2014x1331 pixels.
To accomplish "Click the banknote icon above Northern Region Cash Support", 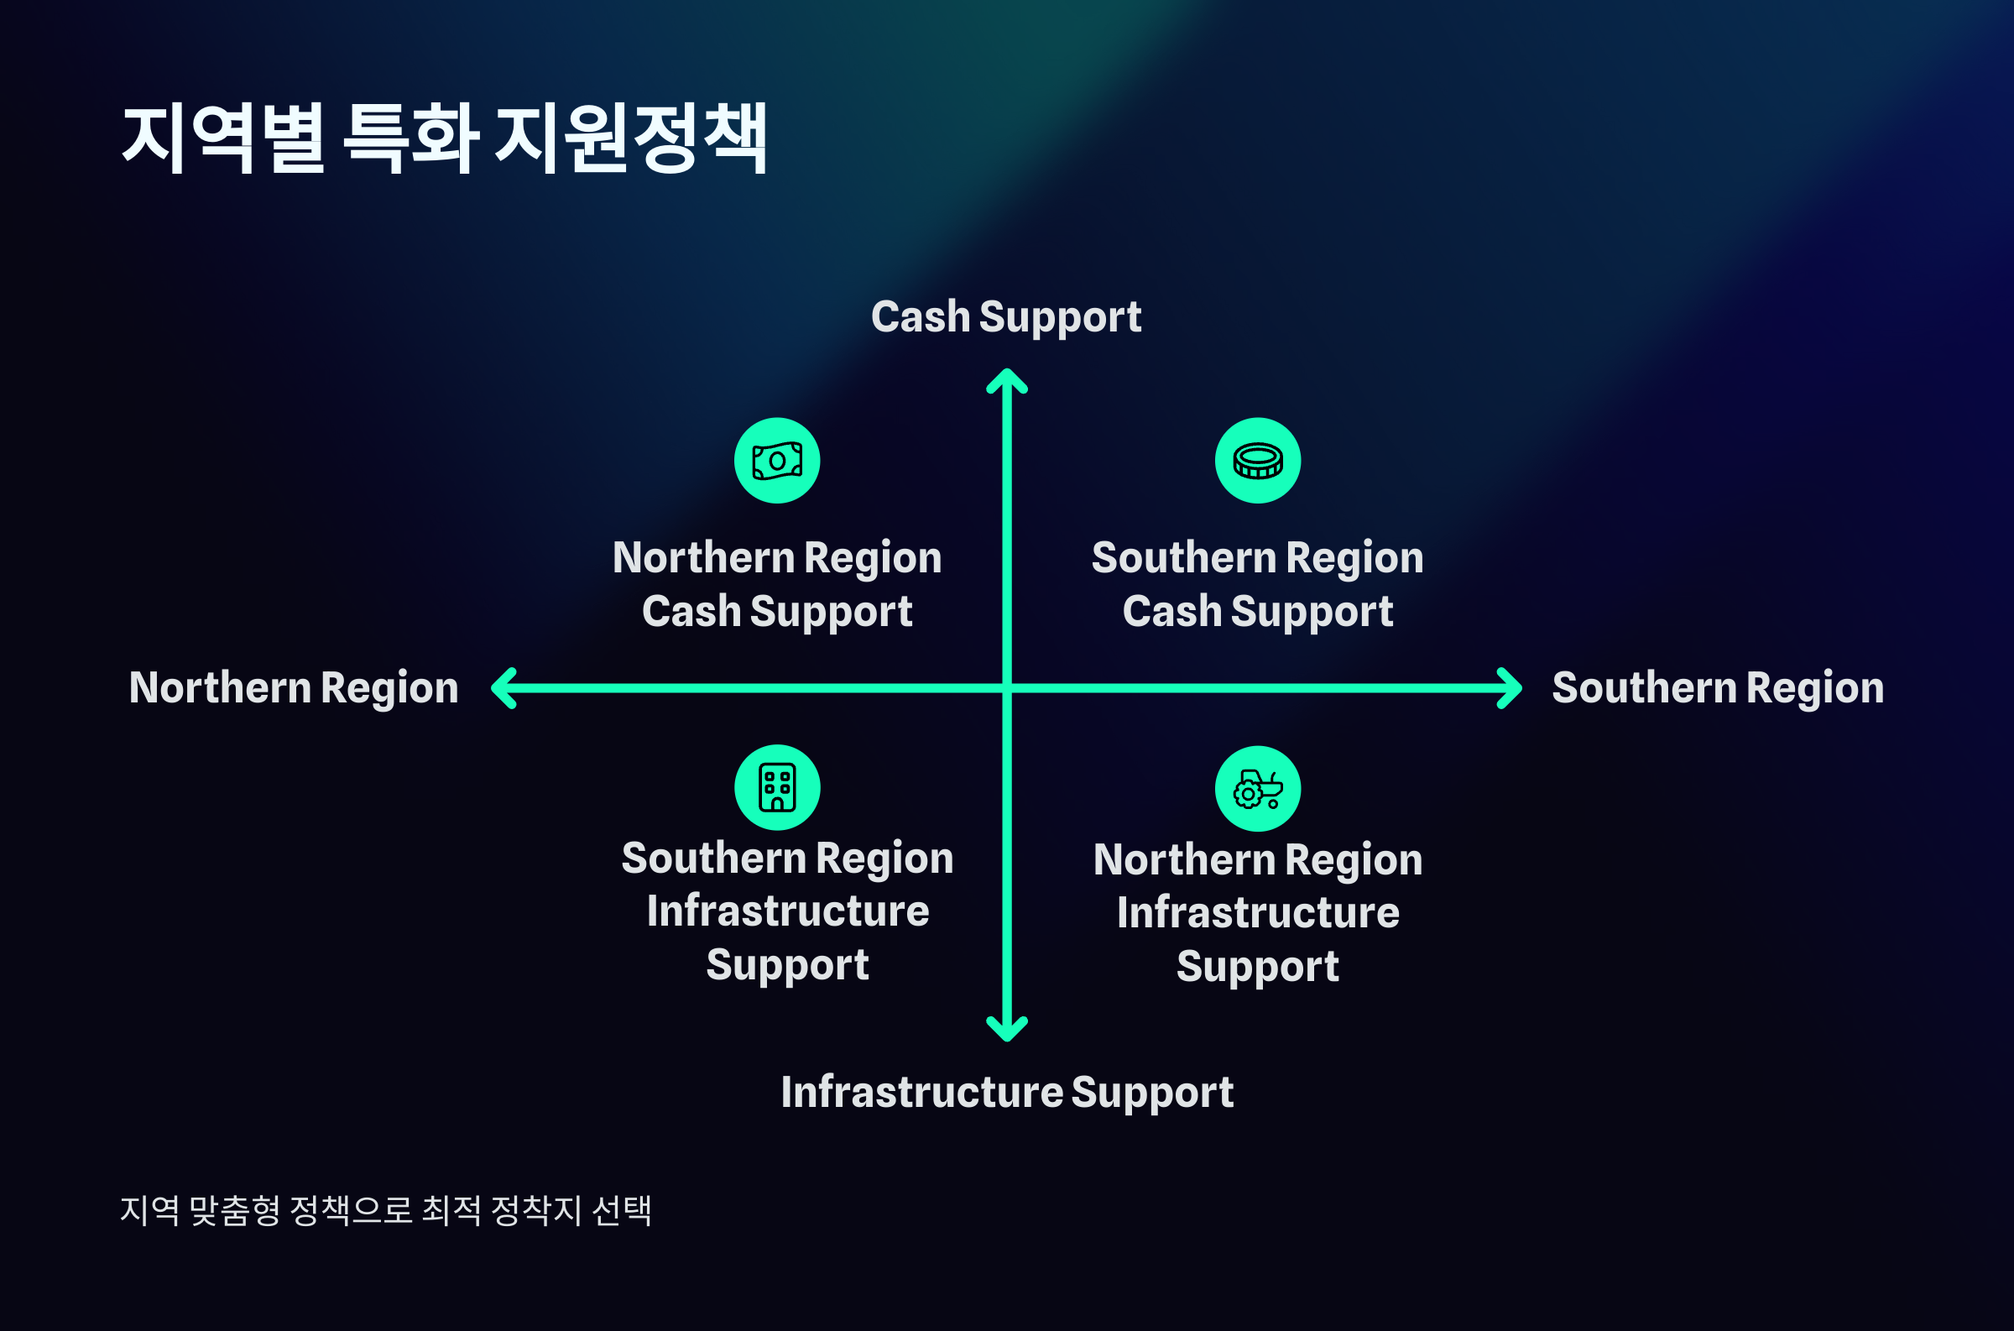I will click(x=776, y=460).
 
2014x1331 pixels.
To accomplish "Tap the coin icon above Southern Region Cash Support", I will click(x=1257, y=460).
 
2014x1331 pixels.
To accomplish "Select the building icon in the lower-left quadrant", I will click(x=776, y=787).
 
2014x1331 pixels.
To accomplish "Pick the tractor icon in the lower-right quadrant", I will click(x=1257, y=789).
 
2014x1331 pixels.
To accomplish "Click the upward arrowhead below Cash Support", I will click(x=1006, y=380).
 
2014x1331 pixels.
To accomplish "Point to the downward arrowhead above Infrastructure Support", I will click(x=1006, y=1029).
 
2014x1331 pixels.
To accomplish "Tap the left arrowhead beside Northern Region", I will click(x=504, y=687).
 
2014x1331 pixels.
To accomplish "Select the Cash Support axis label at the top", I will click(x=1005, y=316).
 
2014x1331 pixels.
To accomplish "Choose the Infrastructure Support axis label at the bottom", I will click(x=1006, y=1092).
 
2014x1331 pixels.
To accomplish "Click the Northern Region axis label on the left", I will click(x=294, y=687).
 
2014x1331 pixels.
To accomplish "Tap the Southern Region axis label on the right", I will click(x=1718, y=687).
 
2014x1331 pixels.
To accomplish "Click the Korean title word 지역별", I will click(x=223, y=138).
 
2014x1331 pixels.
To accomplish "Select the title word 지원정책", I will click(x=630, y=138).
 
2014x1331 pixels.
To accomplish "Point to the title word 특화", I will click(x=411, y=138).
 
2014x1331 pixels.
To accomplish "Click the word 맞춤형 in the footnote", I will click(x=234, y=1209).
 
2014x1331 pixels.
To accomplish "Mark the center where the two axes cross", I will click(x=1006, y=687).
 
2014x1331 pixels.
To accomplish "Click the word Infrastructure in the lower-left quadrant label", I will click(x=788, y=911).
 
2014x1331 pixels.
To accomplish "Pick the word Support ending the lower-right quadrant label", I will click(x=1257, y=966).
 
